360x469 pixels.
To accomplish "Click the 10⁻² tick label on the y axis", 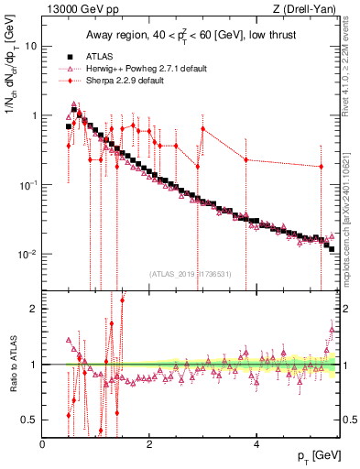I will (x=27, y=254).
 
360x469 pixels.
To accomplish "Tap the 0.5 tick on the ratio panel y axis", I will (x=30, y=420).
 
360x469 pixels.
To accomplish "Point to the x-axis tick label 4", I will (x=256, y=444).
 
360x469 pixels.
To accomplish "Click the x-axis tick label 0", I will (x=43, y=444).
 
